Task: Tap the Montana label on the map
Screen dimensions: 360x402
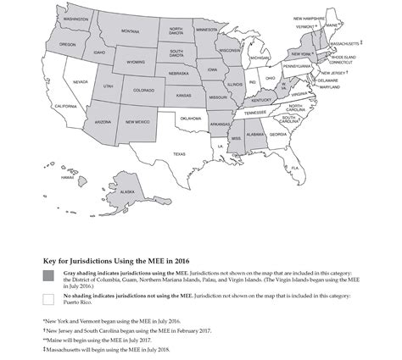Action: (x=130, y=31)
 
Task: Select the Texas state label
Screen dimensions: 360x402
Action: (x=179, y=154)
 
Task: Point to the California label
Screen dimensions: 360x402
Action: (x=65, y=106)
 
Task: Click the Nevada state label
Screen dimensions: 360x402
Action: (x=81, y=81)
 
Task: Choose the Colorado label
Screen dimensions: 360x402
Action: (x=142, y=90)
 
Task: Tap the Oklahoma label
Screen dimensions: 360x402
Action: (x=191, y=119)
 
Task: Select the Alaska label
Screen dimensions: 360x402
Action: (x=126, y=191)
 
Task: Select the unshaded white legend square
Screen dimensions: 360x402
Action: (x=48, y=298)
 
